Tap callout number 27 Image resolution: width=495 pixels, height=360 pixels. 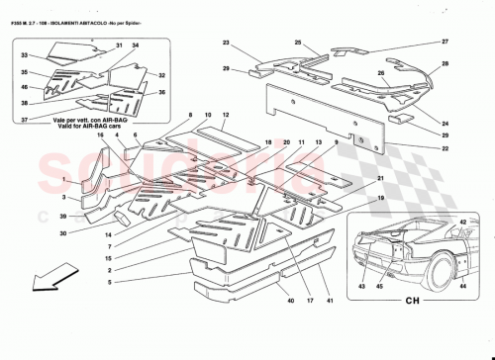click(445, 41)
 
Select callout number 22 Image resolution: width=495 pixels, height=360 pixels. click(445, 148)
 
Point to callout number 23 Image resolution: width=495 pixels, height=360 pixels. click(226, 44)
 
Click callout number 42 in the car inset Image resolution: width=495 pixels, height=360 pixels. click(463, 224)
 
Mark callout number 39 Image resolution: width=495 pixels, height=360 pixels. click(34, 215)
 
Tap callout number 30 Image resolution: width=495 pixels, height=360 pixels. click(34, 233)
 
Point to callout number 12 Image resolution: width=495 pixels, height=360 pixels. click(226, 116)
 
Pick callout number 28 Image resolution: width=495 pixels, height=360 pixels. click(445, 63)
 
